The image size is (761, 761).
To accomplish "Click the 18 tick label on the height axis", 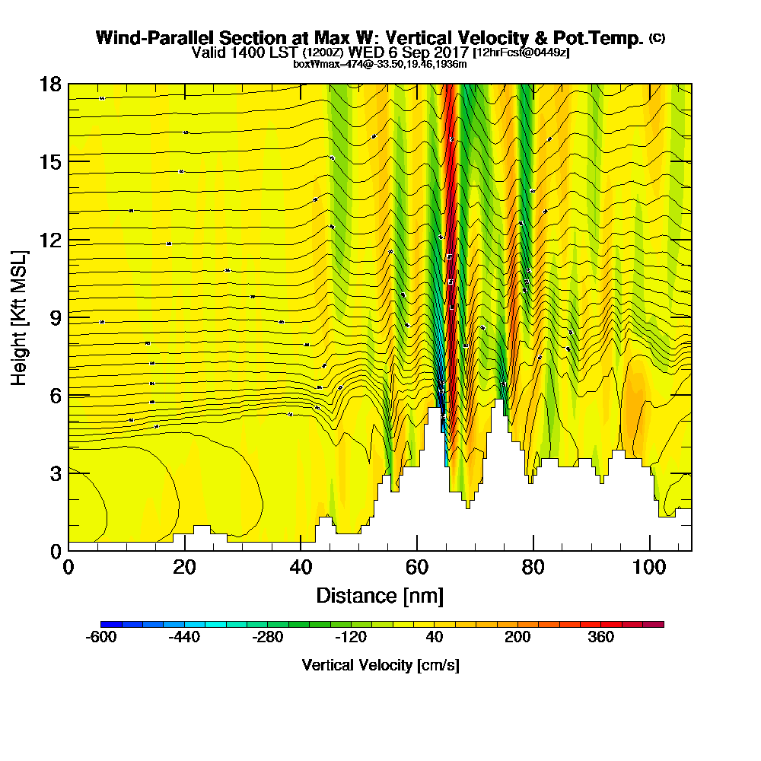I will coord(50,84).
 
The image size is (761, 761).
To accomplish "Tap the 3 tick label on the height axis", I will coord(55,473).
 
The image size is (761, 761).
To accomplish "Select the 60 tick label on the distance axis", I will coord(417,568).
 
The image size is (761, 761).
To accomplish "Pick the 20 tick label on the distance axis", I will coord(184,568).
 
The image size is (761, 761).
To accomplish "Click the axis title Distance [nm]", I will coord(380,595).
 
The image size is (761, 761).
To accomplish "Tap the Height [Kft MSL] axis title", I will coord(19,317).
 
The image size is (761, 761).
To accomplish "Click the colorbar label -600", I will coord(101,638).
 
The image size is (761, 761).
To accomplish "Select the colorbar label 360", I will coord(601,638).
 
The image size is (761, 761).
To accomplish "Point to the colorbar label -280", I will coord(268,638).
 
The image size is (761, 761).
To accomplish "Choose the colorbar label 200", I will coord(518,638).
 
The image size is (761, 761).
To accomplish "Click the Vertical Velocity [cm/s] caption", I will coord(380,665).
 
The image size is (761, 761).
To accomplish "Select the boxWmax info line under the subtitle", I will coord(380,64).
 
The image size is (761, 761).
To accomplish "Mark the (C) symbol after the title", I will coord(657,37).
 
